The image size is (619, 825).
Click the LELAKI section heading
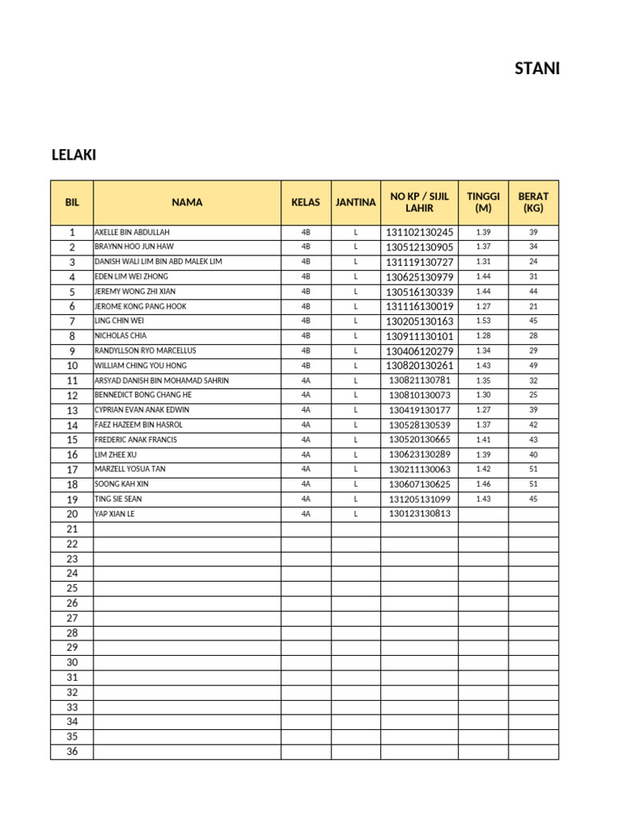coord(73,155)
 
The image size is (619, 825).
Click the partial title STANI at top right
coord(537,68)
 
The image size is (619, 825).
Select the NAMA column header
coord(187,203)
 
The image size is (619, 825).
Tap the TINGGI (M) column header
coord(483,203)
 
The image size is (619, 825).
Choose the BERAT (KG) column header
coord(533,203)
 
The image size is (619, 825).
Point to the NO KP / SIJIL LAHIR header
coord(419,203)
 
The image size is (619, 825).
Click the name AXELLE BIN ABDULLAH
coord(132,232)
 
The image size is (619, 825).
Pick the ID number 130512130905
coord(419,247)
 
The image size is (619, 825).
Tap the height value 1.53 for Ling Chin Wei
coord(483,321)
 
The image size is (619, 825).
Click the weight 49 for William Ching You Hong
coord(533,366)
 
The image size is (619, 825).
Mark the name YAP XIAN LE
coord(114,514)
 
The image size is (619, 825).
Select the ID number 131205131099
coord(419,499)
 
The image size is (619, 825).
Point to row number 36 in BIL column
coord(72,752)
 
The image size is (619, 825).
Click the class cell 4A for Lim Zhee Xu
coord(305,454)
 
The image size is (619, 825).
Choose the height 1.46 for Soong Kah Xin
coord(483,484)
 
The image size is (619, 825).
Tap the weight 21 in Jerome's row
coord(533,306)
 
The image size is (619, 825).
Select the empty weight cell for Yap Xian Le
coord(533,514)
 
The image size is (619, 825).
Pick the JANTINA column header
coord(355,203)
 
